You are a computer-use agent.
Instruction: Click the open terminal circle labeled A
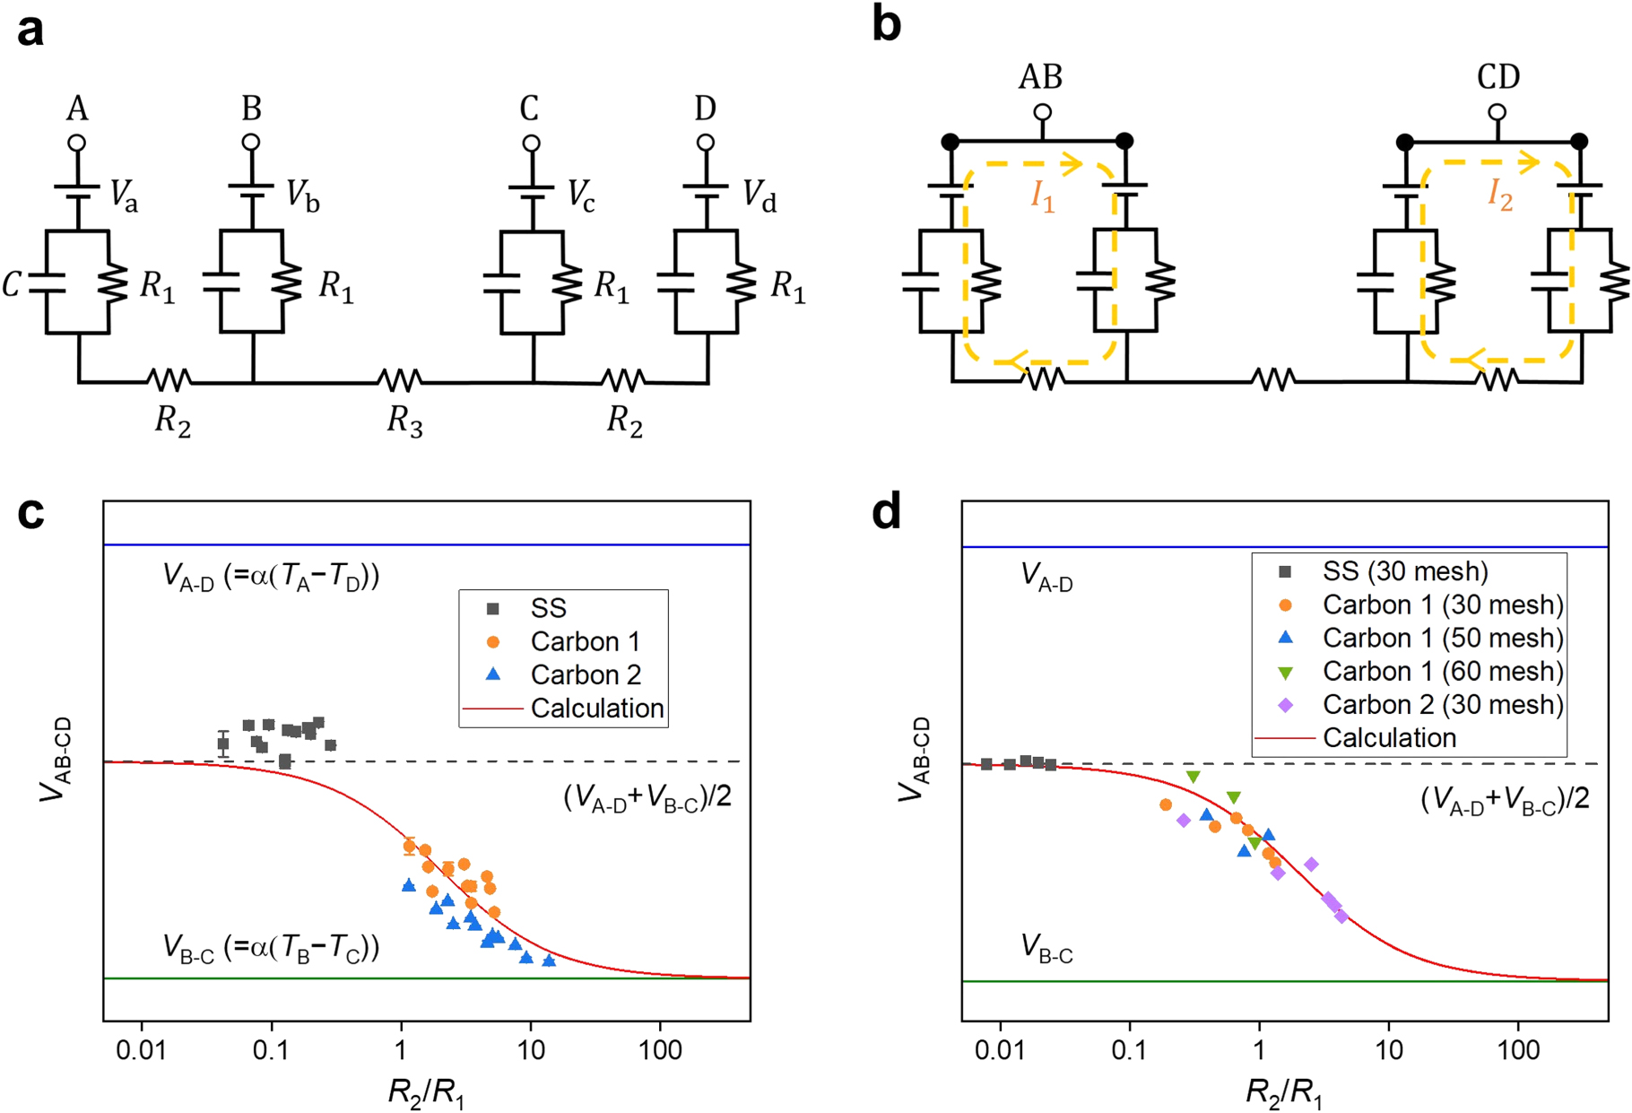pos(77,143)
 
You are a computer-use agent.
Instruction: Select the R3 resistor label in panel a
pos(404,421)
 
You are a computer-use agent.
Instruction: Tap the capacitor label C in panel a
pos(12,285)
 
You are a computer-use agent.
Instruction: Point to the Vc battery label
pos(580,196)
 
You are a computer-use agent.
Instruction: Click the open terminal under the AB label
pos(1042,113)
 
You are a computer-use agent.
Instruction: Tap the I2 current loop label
pos(1500,195)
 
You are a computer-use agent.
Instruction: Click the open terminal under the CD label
pos(1497,113)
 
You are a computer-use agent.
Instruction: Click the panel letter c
pos(30,513)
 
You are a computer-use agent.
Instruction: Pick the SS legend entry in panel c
pos(548,608)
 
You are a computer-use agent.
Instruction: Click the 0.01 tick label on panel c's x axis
pos(141,1049)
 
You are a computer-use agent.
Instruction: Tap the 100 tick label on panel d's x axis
pos(1518,1049)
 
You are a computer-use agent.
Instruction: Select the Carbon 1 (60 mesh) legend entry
pos(1442,671)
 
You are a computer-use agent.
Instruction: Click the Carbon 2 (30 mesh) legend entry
pos(1442,704)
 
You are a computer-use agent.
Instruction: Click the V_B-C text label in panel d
pos(1046,948)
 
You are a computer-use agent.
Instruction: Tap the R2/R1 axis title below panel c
pos(426,1091)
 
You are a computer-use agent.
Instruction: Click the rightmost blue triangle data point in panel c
pos(549,961)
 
